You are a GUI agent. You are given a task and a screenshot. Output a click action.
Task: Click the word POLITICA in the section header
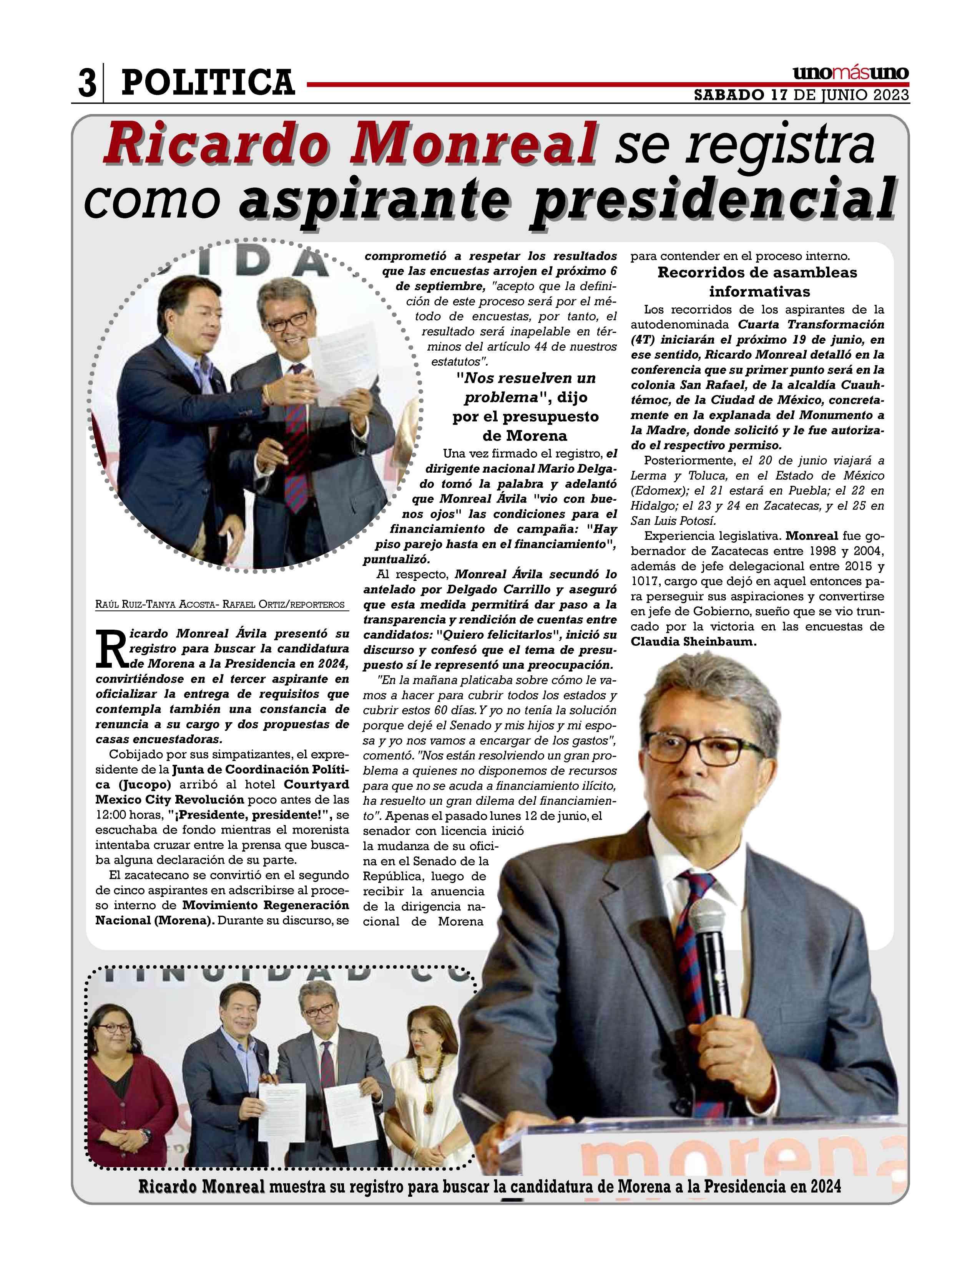tap(208, 82)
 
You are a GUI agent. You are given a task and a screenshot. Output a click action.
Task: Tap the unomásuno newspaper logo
tap(850, 74)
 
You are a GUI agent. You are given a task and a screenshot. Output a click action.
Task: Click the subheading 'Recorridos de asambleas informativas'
tap(757, 281)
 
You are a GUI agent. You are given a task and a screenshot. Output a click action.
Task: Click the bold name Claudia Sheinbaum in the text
tap(694, 642)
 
